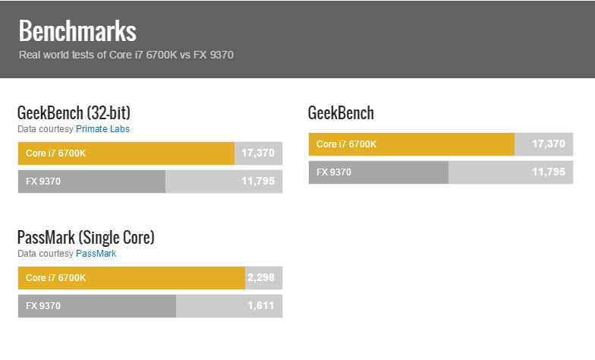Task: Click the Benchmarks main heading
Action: coord(77,31)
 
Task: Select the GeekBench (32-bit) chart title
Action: coord(79,113)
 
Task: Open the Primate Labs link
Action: coord(102,129)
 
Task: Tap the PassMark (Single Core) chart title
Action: coord(86,238)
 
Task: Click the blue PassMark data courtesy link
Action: coord(96,254)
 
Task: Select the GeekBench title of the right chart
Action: coord(341,113)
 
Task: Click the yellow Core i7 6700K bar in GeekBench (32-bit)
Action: coord(126,153)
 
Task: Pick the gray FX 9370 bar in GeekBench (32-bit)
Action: coord(91,182)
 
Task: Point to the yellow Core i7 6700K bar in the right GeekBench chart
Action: coord(411,144)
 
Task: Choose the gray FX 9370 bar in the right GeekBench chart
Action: coord(378,172)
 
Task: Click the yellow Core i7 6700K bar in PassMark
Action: coord(131,278)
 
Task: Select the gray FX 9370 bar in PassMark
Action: coord(96,306)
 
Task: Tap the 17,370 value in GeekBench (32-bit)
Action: coord(258,153)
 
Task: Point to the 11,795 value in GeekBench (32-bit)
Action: coord(258,182)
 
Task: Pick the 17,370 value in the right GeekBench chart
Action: coord(549,144)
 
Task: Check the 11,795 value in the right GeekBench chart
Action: coord(549,172)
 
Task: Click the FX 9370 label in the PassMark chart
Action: coord(43,306)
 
